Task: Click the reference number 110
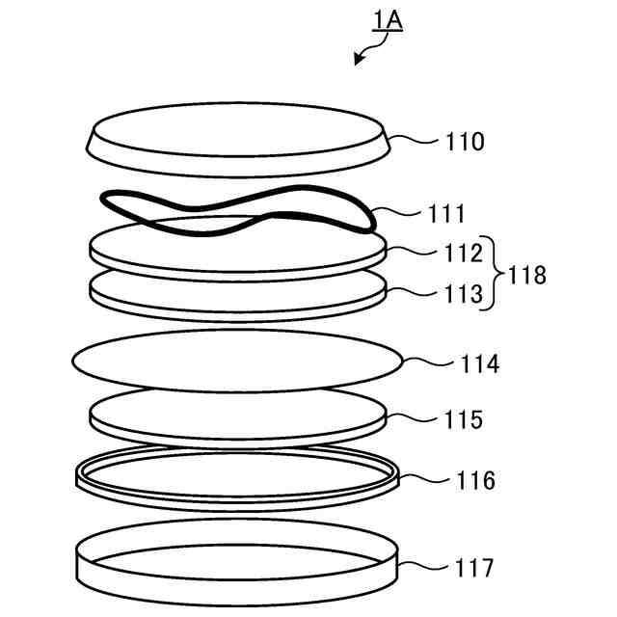pyautogui.click(x=465, y=142)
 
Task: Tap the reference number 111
pyautogui.click(x=446, y=213)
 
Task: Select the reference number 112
pyautogui.click(x=464, y=255)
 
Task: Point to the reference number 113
pyautogui.click(x=464, y=295)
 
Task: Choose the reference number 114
pyautogui.click(x=479, y=364)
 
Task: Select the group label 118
pyautogui.click(x=526, y=276)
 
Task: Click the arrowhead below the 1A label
pyautogui.click(x=359, y=61)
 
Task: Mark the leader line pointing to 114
pyautogui.click(x=426, y=363)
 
